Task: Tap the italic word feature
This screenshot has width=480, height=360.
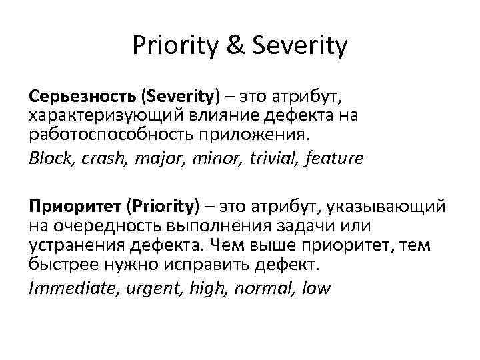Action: coord(335,158)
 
